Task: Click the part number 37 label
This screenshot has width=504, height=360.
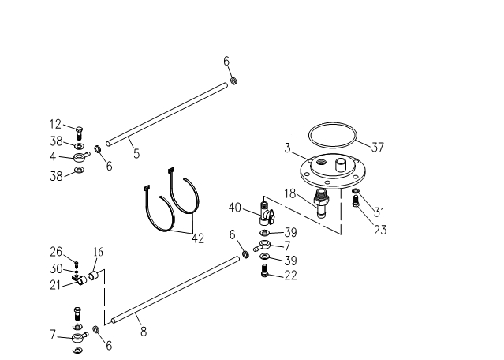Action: click(378, 148)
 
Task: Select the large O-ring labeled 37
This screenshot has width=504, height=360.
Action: click(332, 123)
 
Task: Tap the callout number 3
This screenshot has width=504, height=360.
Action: click(287, 148)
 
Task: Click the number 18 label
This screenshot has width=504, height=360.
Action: click(290, 193)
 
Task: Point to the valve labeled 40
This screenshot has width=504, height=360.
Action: click(266, 212)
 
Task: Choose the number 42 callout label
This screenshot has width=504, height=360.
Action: click(198, 238)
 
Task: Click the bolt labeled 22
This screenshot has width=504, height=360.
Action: click(264, 270)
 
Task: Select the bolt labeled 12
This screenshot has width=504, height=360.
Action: click(79, 133)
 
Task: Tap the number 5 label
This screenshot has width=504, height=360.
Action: click(136, 153)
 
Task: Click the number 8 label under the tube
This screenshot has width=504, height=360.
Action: click(144, 332)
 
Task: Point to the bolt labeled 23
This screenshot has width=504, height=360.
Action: click(356, 201)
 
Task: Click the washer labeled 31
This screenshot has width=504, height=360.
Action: click(356, 191)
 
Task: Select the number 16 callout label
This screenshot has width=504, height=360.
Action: click(99, 252)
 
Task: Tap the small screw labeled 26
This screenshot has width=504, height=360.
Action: click(77, 264)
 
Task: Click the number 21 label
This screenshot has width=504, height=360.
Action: click(55, 285)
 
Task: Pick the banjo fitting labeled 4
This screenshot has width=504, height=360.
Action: click(80, 157)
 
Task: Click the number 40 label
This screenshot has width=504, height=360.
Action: click(234, 208)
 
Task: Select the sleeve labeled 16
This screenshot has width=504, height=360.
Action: click(94, 276)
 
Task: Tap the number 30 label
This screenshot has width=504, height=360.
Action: click(56, 268)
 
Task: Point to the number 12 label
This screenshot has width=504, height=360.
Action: click(56, 124)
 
